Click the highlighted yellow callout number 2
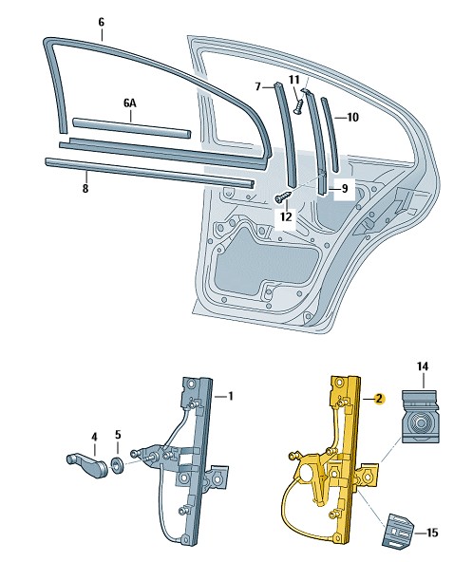[379, 399]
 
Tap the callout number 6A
[130, 103]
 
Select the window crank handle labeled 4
[87, 465]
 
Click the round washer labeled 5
[117, 465]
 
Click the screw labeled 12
[283, 197]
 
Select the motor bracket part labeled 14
[420, 417]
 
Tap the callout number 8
[85, 189]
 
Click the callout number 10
[353, 117]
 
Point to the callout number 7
[257, 86]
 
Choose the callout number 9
[345, 189]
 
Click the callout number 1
[231, 397]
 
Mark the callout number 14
[423, 366]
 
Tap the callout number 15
[432, 533]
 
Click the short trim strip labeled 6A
[132, 127]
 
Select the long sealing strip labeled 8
[149, 173]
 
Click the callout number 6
[102, 22]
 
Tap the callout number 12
[286, 216]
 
